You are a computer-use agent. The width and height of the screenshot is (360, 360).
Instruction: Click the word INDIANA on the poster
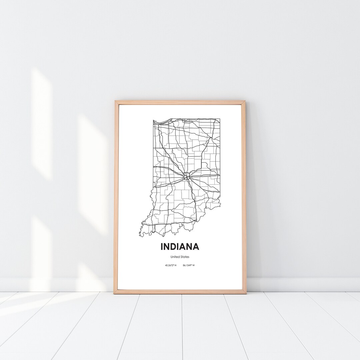pos(180,247)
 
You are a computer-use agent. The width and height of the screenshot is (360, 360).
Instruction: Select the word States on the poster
pos(185,257)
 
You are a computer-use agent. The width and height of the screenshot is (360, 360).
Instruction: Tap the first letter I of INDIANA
pos(162,247)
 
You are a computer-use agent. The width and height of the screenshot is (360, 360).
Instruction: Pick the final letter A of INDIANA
pos(196,247)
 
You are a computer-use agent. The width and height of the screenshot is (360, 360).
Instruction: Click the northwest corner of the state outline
pos(153,120)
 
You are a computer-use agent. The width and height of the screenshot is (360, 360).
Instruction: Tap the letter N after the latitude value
pos(176,266)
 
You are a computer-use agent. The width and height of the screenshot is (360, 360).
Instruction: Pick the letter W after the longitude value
pos(194,266)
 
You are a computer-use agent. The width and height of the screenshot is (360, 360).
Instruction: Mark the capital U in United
pos(172,257)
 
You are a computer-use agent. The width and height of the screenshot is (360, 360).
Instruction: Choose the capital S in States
pos(182,257)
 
